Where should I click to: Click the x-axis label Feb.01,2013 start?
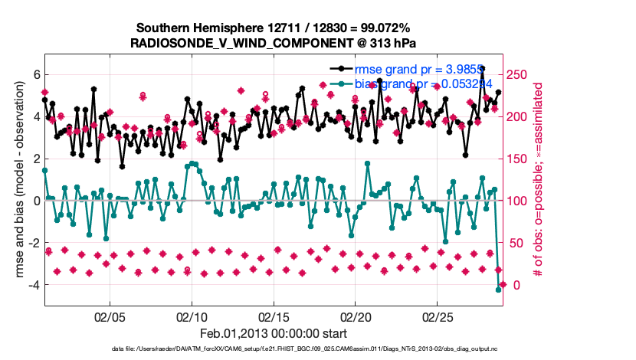274,333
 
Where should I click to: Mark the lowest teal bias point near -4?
498,290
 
